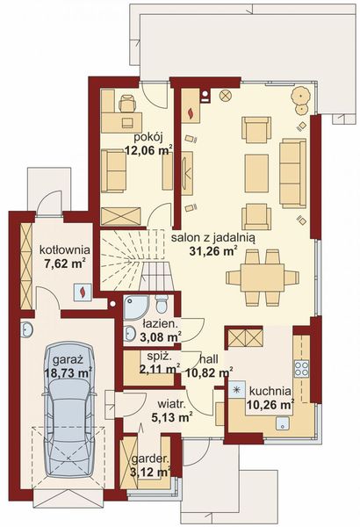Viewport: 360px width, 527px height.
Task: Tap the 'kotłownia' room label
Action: coord(65,250)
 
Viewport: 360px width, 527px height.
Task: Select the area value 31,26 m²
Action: coord(213,250)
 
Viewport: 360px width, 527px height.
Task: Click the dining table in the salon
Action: coord(263,277)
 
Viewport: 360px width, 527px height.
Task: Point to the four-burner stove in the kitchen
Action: coord(301,368)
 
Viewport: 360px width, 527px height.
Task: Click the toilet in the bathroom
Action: coord(162,304)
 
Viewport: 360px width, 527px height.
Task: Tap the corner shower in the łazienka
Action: coord(135,307)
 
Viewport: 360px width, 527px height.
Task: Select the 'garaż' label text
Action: coord(68,360)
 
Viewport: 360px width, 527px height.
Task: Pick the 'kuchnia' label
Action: coord(270,391)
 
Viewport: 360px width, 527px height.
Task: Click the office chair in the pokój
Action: coord(127,103)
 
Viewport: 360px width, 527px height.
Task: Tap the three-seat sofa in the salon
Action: coord(292,173)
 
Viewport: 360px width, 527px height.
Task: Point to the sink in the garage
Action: coord(26,329)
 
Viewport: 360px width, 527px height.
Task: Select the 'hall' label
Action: coord(209,359)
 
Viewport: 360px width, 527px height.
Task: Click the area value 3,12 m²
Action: coord(149,473)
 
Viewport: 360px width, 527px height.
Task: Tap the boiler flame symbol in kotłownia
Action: coord(82,292)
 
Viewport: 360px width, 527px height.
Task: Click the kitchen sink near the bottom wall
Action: coord(283,423)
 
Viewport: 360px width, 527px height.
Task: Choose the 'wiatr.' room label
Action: coord(172,404)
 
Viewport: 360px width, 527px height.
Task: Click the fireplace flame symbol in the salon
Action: coord(191,112)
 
